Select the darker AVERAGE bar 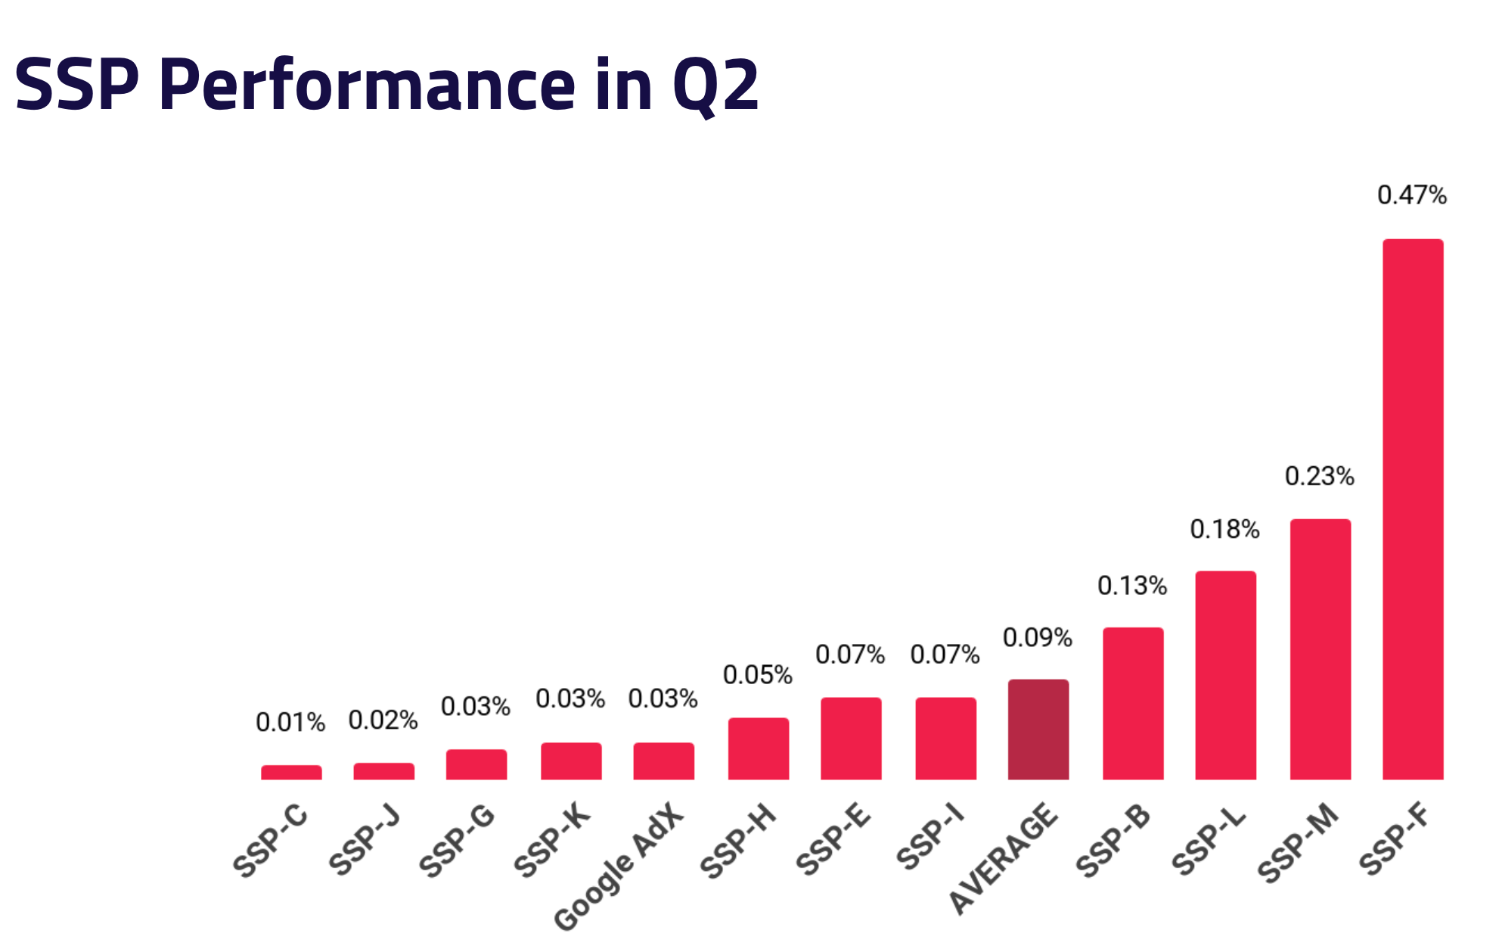point(1038,730)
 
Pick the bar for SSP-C point(291,772)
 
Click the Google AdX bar point(663,761)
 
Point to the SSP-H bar point(758,748)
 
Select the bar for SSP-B point(1132,704)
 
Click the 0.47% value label point(1411,195)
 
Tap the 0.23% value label point(1319,476)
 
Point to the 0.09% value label point(1037,638)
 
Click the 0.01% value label point(290,723)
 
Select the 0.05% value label point(757,675)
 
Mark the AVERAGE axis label point(1003,859)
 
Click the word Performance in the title point(368,85)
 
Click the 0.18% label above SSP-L point(1224,530)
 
